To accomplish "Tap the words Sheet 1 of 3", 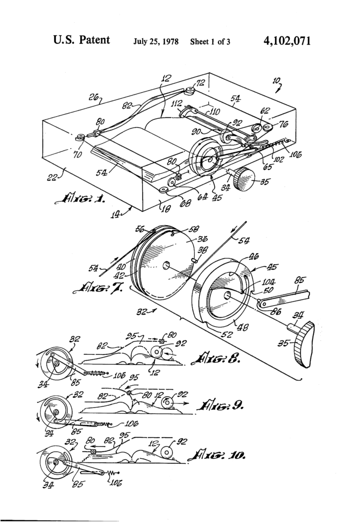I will (x=210, y=41).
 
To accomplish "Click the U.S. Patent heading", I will (x=81, y=40).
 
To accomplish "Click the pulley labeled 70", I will (x=80, y=138).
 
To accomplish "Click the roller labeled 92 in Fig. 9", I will (x=168, y=401).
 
